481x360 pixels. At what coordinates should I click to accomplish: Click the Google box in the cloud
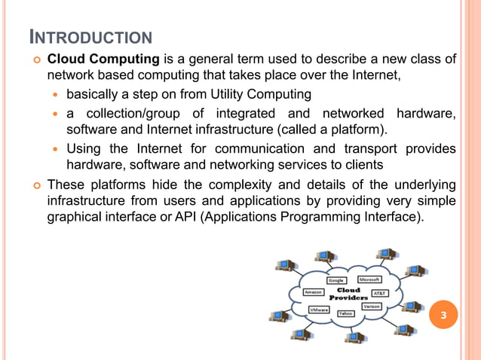click(x=335, y=280)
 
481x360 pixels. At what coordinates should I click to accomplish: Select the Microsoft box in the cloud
click(x=369, y=279)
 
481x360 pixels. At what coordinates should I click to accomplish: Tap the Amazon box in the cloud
click(x=313, y=292)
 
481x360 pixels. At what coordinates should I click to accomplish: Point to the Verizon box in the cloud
click(x=371, y=307)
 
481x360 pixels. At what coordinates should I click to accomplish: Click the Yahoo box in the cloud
click(x=346, y=313)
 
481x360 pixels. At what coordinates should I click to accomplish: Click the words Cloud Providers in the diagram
click(x=348, y=293)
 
